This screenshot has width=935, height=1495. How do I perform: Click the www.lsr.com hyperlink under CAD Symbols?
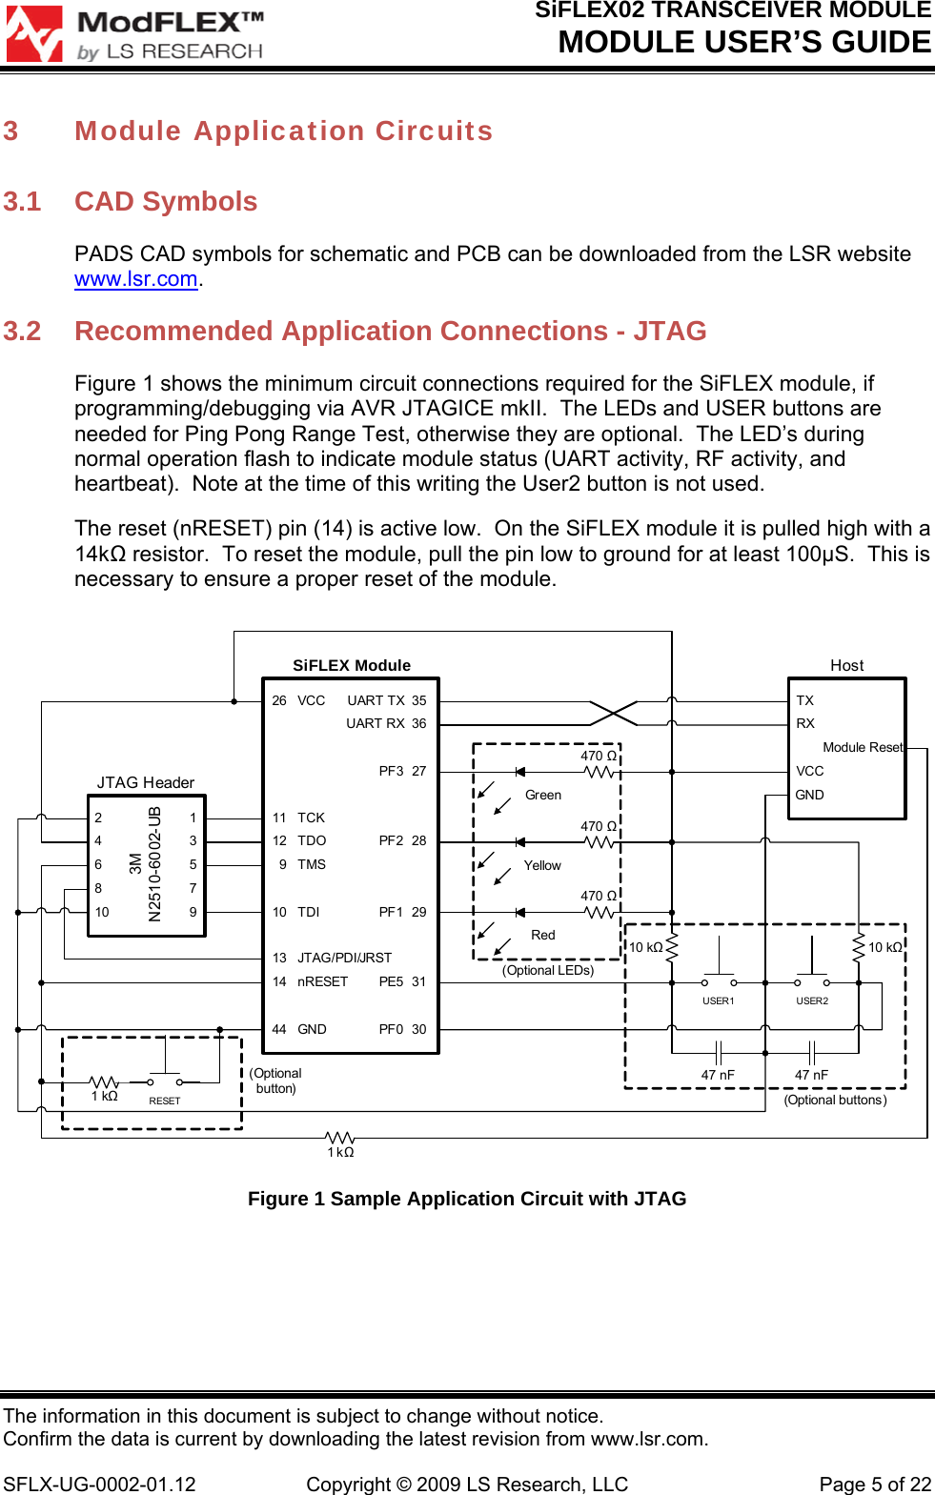136,279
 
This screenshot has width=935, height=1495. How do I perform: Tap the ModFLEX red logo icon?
34,34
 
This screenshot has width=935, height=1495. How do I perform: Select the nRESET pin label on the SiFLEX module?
322,981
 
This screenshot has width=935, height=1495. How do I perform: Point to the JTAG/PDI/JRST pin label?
344,958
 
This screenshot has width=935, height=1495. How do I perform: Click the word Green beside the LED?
543,795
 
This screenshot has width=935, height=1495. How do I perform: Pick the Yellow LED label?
542,865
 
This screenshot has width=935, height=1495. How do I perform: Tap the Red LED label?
543,935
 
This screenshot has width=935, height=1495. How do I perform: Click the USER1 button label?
719,1000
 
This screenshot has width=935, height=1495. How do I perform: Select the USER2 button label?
812,1000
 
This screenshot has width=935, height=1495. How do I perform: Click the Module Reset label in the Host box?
863,747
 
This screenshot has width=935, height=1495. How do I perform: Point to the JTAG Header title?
146,782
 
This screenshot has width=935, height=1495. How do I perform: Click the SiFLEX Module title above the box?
352,665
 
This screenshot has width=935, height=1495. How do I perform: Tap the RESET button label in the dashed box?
165,1101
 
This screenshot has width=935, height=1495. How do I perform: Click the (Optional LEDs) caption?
548,970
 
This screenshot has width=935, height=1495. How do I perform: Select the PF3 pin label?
391,771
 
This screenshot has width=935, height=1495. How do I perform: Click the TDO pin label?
312,840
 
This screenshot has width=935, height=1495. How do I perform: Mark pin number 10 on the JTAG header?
102,912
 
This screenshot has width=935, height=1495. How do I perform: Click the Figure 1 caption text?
467,1199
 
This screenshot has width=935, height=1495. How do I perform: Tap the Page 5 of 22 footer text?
875,1485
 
